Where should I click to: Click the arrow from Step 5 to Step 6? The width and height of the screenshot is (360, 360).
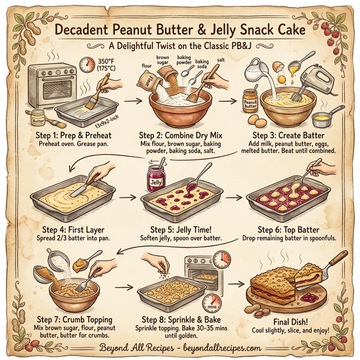[233, 196]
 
